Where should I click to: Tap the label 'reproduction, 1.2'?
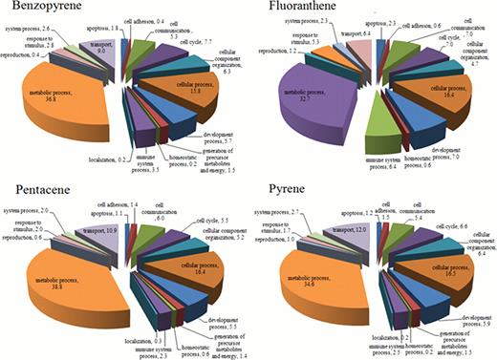(x=274, y=74)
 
